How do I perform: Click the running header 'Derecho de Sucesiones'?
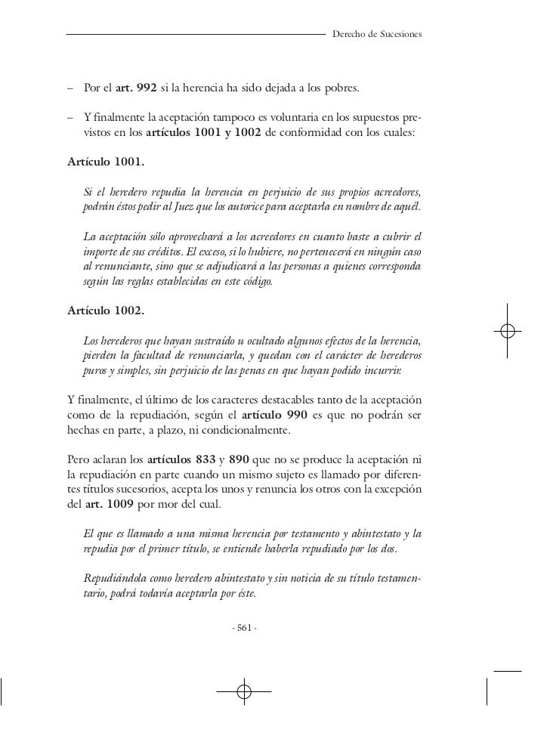377,35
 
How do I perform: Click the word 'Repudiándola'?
113,578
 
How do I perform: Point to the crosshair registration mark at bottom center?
243,691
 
